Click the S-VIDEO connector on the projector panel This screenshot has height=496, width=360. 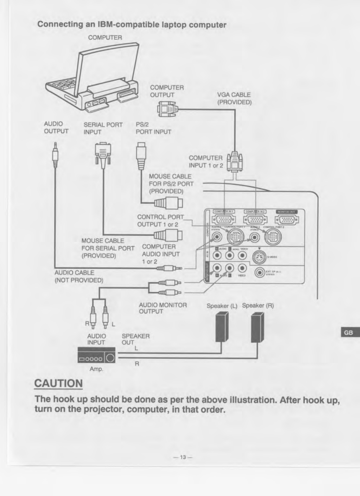tap(259, 257)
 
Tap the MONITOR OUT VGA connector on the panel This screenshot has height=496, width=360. tap(286, 220)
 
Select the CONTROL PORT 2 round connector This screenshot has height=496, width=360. tap(273, 237)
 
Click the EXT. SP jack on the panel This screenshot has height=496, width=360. tap(260, 272)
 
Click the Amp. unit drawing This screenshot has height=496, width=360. tap(96, 355)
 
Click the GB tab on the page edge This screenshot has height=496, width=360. tap(348, 332)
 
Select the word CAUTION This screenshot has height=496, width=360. tap(58, 383)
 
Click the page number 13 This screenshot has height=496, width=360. tap(183, 457)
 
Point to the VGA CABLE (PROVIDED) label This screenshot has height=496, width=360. tap(234, 99)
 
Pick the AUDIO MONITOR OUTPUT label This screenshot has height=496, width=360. tap(163, 308)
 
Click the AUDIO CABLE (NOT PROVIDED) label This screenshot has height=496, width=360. tap(79, 276)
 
